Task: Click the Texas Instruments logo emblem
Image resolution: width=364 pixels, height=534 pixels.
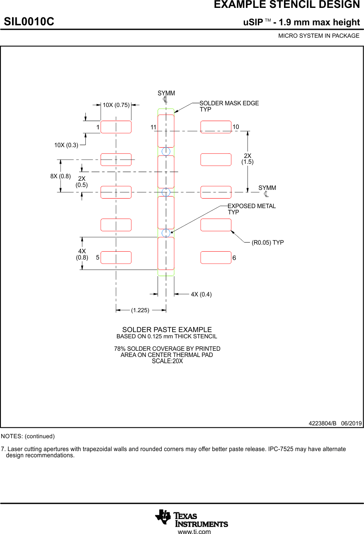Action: (x=163, y=517)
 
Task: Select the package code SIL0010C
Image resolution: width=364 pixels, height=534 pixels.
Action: (x=29, y=22)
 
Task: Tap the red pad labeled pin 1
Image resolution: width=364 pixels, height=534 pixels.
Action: (x=116, y=127)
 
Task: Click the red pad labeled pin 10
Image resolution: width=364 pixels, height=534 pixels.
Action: (x=216, y=127)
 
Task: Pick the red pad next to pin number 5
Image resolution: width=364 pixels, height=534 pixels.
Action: (x=116, y=257)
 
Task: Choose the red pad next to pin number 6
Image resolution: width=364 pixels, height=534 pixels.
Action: (x=216, y=257)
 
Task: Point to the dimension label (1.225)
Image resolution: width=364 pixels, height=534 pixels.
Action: (x=140, y=310)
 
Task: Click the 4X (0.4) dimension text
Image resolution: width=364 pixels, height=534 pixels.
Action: (x=201, y=294)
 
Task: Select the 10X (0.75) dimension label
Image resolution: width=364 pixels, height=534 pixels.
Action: (x=116, y=105)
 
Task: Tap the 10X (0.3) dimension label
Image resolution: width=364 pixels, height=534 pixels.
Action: (x=66, y=145)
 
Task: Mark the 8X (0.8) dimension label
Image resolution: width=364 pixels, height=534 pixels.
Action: (x=61, y=176)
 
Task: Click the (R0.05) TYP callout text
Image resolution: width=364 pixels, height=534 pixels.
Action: (x=268, y=243)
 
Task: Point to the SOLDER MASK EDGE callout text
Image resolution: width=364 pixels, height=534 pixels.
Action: (x=229, y=103)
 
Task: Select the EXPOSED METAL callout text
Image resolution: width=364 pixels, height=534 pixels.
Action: (x=252, y=206)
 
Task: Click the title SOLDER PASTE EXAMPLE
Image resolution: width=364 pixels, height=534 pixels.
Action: (x=167, y=330)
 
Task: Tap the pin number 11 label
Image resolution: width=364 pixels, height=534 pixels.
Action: (x=153, y=127)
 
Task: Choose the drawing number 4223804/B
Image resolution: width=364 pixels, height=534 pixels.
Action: (x=323, y=423)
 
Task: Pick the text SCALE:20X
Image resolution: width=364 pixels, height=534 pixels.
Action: (x=167, y=361)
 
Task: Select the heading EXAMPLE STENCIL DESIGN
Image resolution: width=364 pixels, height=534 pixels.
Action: (x=287, y=5)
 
